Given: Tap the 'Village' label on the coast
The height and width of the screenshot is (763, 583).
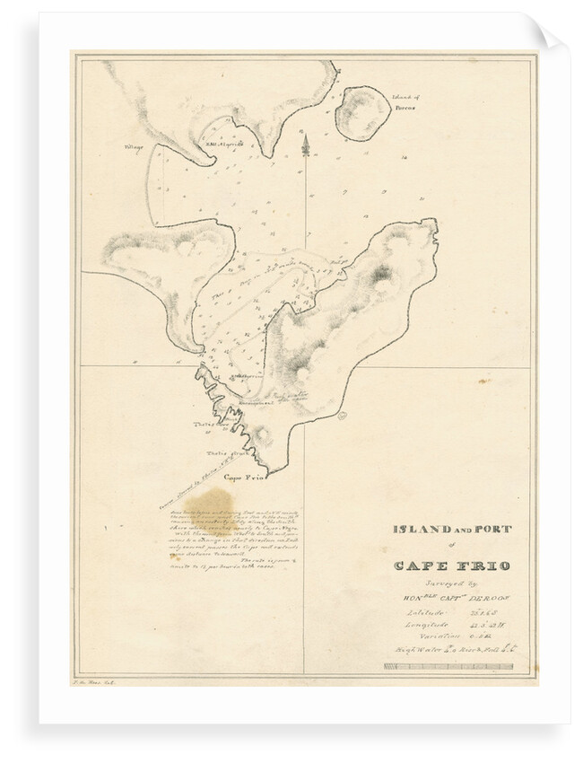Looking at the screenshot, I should point(134,146).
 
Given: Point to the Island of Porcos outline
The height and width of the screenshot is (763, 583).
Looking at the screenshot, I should point(362,111).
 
